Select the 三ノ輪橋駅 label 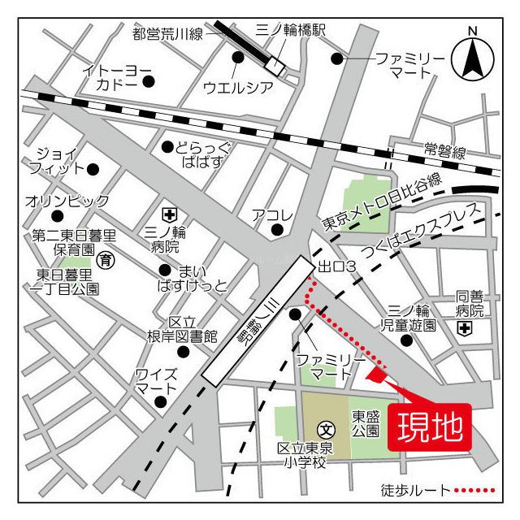(x=290, y=30)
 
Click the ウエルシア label (x=237, y=86)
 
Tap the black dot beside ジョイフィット (x=93, y=169)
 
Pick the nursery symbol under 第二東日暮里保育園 (x=105, y=261)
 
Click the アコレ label (x=272, y=215)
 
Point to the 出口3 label (x=337, y=266)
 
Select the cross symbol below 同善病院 (x=464, y=328)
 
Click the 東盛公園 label (x=365, y=422)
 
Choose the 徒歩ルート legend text (x=415, y=491)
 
